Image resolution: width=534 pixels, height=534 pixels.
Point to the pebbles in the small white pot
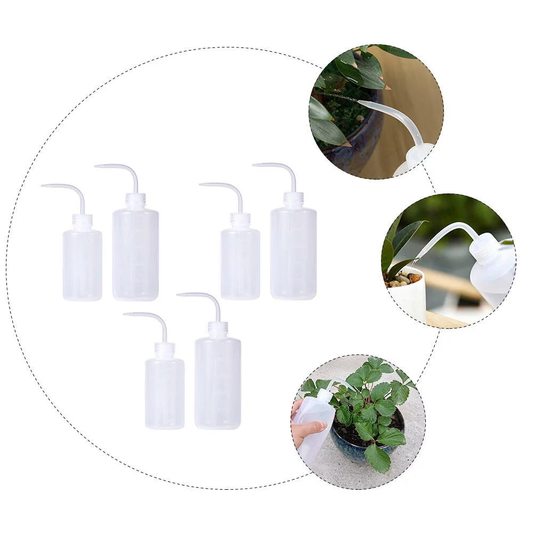[x=404, y=279]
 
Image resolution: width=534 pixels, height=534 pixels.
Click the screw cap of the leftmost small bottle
[x=83, y=221]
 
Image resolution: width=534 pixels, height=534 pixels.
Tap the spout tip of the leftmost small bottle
[x=43, y=186]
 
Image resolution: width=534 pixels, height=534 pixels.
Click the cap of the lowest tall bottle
[x=217, y=328]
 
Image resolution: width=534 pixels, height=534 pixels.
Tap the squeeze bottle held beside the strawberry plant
[x=314, y=421]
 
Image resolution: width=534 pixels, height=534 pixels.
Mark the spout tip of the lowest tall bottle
[x=179, y=294]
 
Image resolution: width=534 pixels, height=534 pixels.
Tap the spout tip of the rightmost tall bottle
[x=254, y=165]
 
